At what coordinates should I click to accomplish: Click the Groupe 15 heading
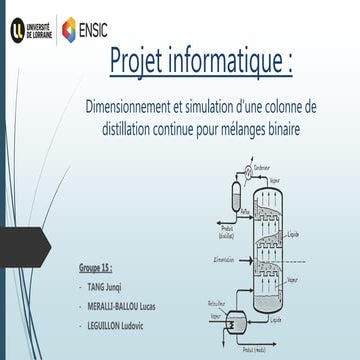[x=95, y=269]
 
